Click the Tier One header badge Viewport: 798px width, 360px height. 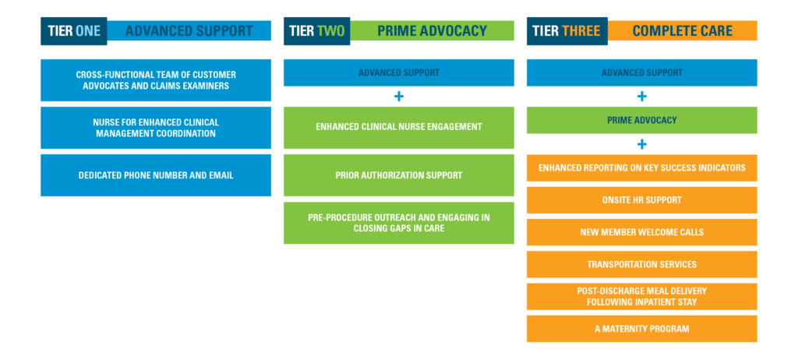tap(74, 31)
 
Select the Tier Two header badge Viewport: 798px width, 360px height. tap(316, 31)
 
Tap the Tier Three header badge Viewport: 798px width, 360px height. tap(567, 31)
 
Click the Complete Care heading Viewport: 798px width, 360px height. tap(683, 31)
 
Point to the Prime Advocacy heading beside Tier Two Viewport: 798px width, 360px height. tap(432, 31)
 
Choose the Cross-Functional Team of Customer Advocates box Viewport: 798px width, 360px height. tap(156, 80)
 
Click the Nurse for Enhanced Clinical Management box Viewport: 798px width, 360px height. tap(156, 128)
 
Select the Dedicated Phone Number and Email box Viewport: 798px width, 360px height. tap(156, 175)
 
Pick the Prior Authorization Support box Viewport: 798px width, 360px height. tap(399, 175)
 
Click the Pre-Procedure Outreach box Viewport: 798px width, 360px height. tap(399, 223)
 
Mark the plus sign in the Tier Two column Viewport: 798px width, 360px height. tap(399, 97)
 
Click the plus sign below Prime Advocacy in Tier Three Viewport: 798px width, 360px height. tap(642, 145)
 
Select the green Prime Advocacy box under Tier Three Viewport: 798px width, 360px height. tap(642, 120)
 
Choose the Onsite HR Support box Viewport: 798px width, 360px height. tap(642, 200)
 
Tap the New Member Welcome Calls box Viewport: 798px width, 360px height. tap(642, 232)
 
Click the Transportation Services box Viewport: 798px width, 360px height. tap(642, 264)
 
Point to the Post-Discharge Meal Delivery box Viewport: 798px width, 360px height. tap(642, 296)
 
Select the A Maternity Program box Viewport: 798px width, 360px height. tap(642, 328)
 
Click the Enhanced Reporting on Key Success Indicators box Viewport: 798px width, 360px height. tap(642, 168)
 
